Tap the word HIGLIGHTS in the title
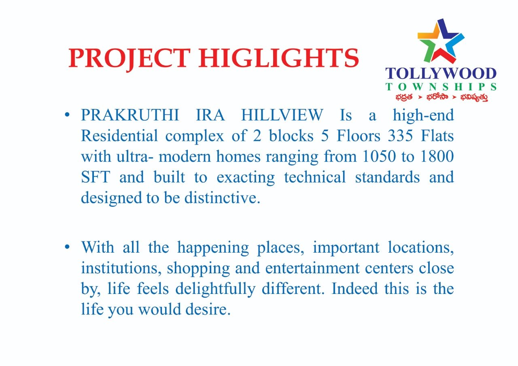[x=279, y=58]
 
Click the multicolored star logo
[x=441, y=41]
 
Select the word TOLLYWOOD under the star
[x=441, y=74]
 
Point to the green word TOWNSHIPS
[x=441, y=87]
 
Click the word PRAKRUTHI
[x=130, y=115]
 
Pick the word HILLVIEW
[x=282, y=115]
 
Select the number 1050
[x=379, y=156]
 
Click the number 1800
[x=437, y=156]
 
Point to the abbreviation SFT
[x=96, y=177]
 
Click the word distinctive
[x=222, y=198]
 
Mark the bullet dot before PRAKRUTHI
[x=67, y=115]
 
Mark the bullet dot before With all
[x=67, y=247]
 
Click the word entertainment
[x=312, y=268]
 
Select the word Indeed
[x=355, y=289]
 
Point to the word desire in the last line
[x=208, y=309]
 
